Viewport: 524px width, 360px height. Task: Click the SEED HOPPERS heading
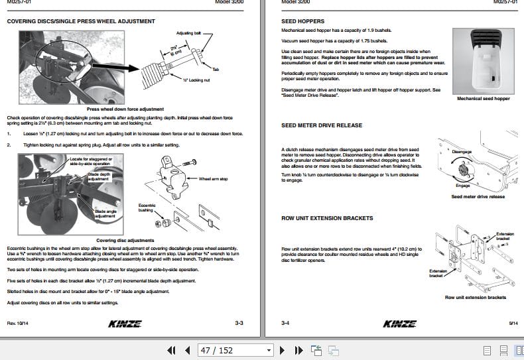(302, 21)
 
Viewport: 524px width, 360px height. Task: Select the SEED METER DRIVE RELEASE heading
(322, 125)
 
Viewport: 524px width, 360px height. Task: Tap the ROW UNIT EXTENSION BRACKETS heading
(327, 218)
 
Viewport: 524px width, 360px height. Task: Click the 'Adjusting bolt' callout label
(188, 32)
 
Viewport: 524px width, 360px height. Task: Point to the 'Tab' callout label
(216, 69)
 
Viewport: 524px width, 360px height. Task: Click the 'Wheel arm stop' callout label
(213, 178)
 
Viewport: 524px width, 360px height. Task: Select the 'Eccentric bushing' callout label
(146, 208)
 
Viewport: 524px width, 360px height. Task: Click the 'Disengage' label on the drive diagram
(462, 152)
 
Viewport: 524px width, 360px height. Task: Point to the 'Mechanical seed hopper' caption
(484, 99)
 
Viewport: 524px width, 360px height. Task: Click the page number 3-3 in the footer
(239, 323)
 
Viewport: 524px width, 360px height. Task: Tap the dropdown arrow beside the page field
(269, 350)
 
